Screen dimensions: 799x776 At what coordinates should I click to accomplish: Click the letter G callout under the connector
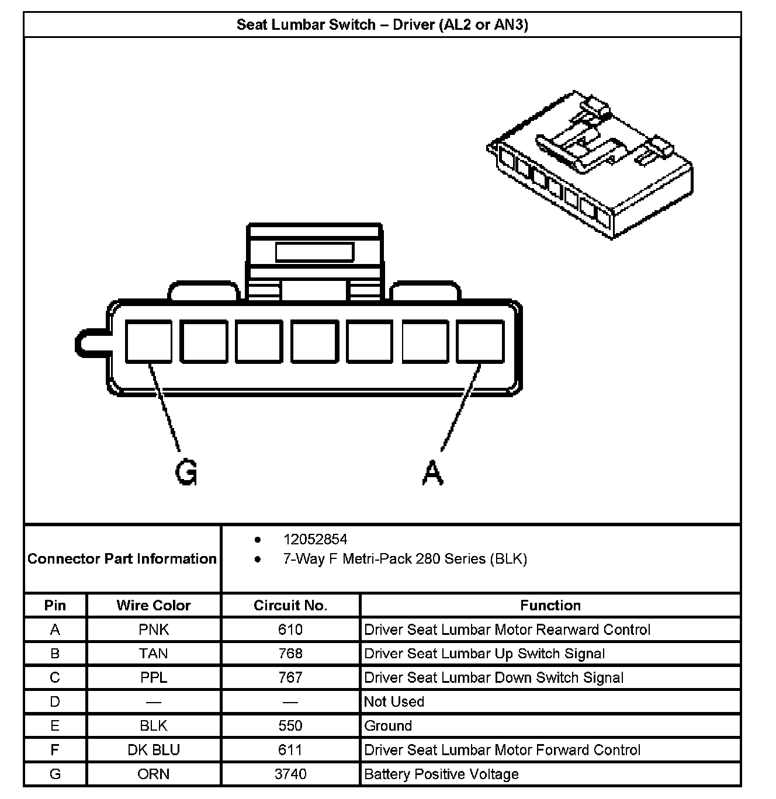pyautogui.click(x=186, y=473)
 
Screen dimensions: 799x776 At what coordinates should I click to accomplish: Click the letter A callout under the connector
pyautogui.click(x=432, y=473)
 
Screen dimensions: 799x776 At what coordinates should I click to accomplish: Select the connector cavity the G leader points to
pyautogui.click(x=148, y=341)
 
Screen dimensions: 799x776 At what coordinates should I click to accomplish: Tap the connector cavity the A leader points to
pyautogui.click(x=480, y=341)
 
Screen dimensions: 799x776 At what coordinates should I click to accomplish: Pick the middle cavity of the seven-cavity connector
pyautogui.click(x=314, y=341)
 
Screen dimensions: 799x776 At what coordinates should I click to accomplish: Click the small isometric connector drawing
pyautogui.click(x=590, y=165)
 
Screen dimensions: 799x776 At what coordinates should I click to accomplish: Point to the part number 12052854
pyautogui.click(x=315, y=539)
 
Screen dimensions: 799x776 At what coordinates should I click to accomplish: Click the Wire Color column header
pyautogui.click(x=154, y=605)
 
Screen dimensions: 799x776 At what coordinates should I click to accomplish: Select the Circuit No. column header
pyautogui.click(x=290, y=605)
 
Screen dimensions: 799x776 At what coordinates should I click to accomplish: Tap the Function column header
pyautogui.click(x=550, y=605)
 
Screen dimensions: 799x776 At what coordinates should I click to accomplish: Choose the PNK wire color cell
pyautogui.click(x=154, y=630)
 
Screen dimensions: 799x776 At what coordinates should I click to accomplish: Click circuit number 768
pyautogui.click(x=290, y=654)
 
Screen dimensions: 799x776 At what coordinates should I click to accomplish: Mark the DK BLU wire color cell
pyautogui.click(x=154, y=750)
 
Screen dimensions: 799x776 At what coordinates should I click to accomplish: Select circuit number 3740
pyautogui.click(x=290, y=774)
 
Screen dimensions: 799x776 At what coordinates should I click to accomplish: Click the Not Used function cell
pyautogui.click(x=394, y=701)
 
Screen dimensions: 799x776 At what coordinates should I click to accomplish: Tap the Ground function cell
pyautogui.click(x=388, y=726)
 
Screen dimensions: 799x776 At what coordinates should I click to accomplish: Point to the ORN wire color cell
pyautogui.click(x=154, y=774)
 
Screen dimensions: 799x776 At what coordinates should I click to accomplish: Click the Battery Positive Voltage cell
pyautogui.click(x=441, y=774)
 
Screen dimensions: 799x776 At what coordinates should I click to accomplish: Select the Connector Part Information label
pyautogui.click(x=122, y=559)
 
